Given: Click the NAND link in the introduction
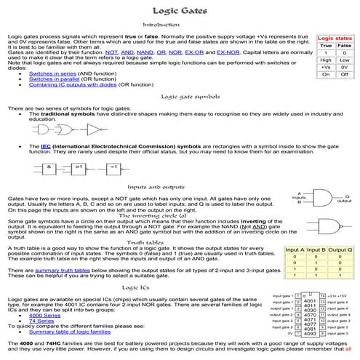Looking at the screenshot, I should pos(145,53).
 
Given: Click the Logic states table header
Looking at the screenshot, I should pos(335,37).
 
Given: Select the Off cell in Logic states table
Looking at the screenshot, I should pos(345,74).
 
